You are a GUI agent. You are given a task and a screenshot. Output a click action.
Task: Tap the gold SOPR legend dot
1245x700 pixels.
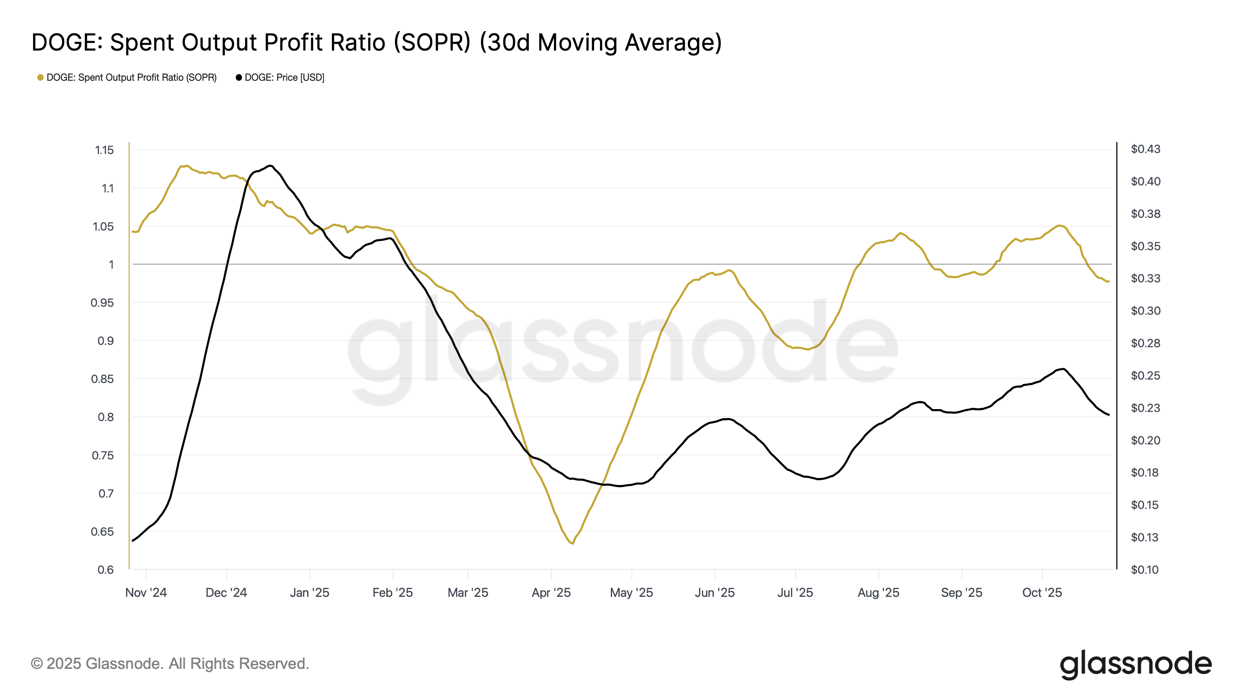click(x=40, y=78)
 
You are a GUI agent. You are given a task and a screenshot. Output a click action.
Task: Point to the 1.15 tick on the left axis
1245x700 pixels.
click(x=104, y=150)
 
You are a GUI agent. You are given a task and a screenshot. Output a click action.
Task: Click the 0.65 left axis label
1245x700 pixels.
click(x=102, y=532)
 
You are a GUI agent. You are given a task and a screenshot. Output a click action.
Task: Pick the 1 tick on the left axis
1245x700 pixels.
click(x=111, y=265)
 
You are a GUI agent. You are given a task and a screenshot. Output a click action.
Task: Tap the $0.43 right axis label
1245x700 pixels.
click(x=1145, y=149)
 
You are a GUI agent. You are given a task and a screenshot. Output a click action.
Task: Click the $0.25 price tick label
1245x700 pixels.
click(x=1145, y=376)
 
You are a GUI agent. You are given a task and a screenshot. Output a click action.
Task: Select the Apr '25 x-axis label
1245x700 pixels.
click(x=551, y=593)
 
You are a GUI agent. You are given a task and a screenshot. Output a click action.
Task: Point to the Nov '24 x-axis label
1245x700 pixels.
click(x=146, y=593)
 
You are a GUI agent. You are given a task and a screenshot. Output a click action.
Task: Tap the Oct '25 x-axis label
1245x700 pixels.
click(x=1042, y=593)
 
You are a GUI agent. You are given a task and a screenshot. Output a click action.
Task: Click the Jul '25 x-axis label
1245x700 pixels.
click(x=795, y=593)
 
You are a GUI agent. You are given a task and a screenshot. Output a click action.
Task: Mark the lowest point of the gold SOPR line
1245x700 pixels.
click(x=572, y=544)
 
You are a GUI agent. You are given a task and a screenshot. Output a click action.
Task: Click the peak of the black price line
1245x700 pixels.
click(x=270, y=166)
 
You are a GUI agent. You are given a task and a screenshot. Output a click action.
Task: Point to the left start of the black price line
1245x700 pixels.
click(x=132, y=541)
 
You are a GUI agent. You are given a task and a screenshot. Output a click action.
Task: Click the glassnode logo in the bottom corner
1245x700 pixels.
click(x=1136, y=665)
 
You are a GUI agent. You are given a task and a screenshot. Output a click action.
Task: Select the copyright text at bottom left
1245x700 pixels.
click(x=170, y=664)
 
